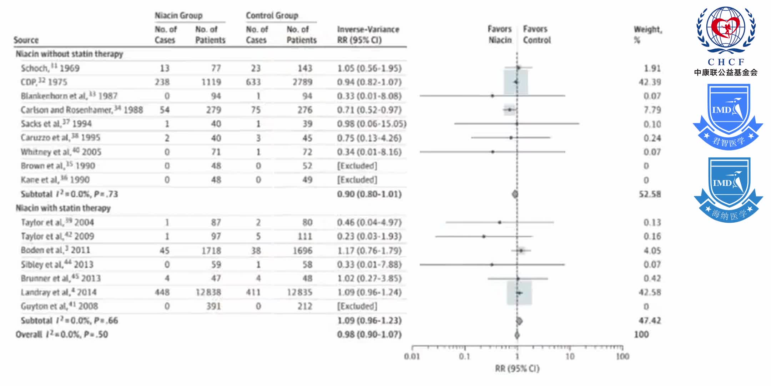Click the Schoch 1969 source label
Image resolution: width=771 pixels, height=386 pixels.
50,68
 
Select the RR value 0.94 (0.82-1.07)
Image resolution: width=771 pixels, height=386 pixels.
369,82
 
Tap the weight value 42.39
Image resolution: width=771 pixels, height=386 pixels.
650,82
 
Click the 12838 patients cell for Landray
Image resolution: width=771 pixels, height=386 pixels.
208,292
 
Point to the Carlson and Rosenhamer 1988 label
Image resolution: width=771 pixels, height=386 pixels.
81,110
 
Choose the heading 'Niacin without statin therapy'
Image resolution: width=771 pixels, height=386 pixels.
69,54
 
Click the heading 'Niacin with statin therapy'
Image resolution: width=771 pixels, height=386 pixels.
63,208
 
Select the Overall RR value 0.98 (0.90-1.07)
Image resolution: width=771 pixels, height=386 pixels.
369,335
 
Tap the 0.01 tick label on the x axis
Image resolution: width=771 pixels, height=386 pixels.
412,356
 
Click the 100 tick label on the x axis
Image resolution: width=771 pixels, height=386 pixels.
623,356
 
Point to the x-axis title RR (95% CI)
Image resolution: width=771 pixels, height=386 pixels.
517,368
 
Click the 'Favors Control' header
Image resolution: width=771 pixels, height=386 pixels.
537,35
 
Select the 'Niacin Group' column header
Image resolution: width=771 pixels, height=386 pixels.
178,16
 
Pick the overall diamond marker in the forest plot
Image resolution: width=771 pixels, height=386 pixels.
517,335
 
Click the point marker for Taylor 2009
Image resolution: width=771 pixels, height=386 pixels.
484,236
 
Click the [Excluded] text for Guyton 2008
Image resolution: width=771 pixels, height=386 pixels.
357,306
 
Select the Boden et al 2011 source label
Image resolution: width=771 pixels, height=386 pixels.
55,250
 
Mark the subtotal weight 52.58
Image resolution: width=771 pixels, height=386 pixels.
650,194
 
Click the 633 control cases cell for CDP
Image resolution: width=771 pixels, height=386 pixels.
253,82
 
